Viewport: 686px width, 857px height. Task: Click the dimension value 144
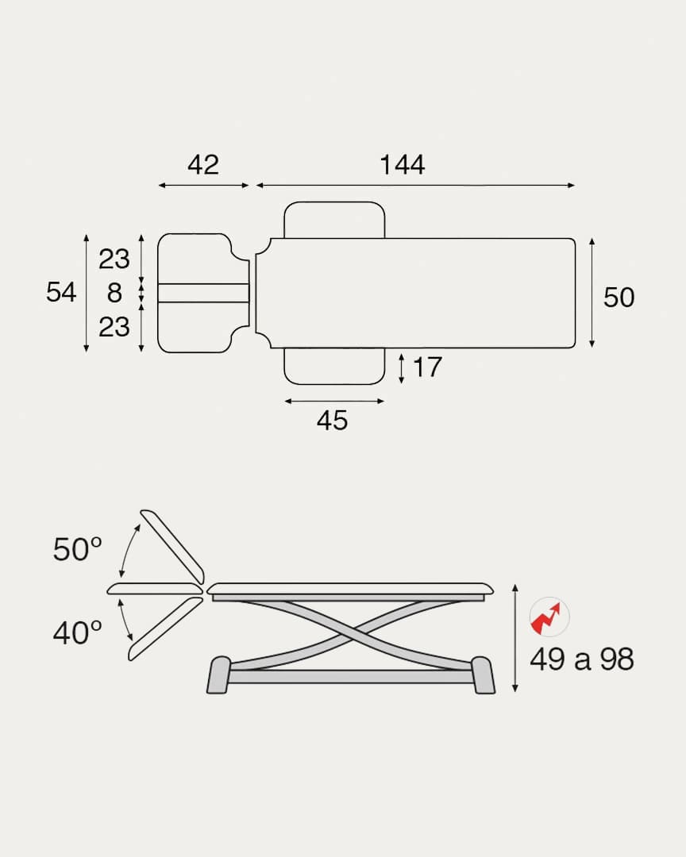[402, 164]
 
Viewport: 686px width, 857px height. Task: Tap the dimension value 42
[203, 164]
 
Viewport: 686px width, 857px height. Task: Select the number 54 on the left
[60, 292]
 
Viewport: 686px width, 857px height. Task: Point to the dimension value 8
[114, 292]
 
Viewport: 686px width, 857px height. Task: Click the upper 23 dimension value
[114, 259]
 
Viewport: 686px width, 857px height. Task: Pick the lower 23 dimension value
[114, 327]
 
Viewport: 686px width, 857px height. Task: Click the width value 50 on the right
[619, 298]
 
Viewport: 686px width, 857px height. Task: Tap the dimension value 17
[427, 367]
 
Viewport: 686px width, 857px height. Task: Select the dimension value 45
[332, 421]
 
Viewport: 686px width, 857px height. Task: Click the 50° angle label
[77, 549]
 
